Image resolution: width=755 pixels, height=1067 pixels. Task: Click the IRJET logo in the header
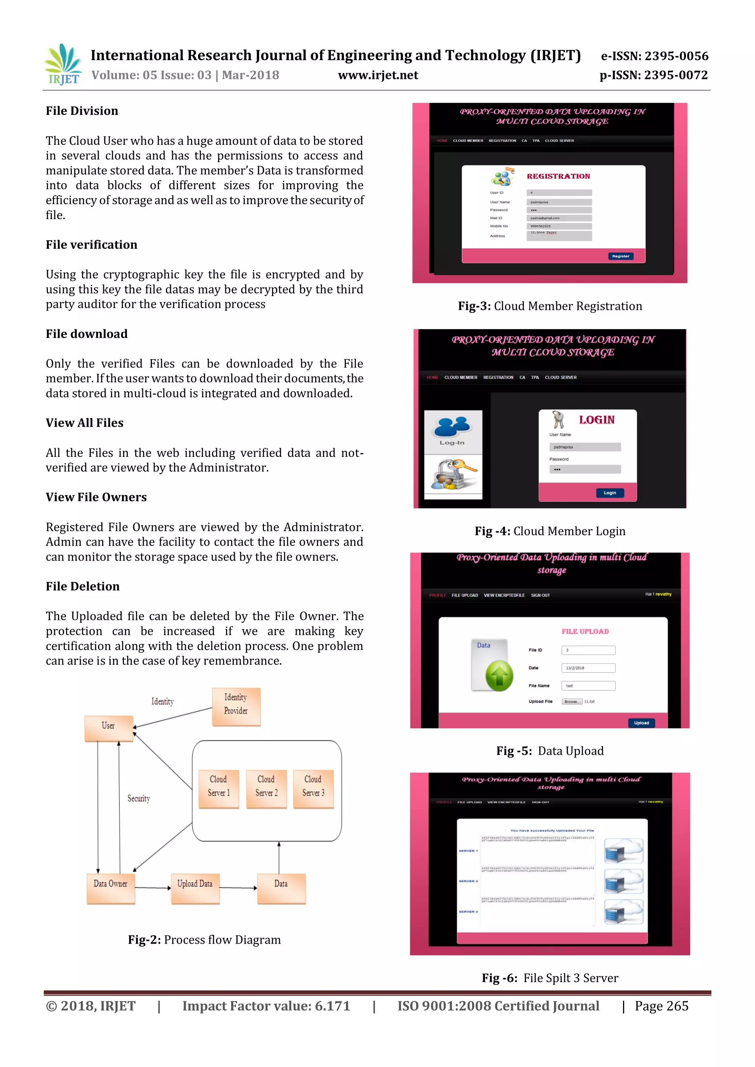[x=63, y=64]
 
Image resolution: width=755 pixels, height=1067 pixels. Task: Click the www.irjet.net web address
[x=378, y=75]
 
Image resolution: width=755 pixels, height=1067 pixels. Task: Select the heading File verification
[x=91, y=245]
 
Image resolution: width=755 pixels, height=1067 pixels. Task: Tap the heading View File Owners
[x=96, y=497]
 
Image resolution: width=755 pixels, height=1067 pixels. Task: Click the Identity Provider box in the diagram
[x=236, y=706]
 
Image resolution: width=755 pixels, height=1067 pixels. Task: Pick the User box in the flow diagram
[x=109, y=728]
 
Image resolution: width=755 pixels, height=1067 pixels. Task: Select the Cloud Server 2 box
[x=267, y=788]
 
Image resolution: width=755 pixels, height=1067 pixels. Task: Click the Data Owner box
[x=111, y=888]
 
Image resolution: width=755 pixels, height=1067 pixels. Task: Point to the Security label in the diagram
[x=139, y=798]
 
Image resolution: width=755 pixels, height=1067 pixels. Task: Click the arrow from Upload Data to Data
[x=238, y=888]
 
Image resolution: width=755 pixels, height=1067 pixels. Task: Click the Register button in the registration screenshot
[x=621, y=256]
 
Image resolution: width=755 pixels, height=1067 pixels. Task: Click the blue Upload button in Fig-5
[x=641, y=723]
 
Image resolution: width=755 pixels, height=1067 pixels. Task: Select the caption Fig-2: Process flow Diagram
[x=205, y=940]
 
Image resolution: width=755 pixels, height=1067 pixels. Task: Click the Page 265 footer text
[x=662, y=1006]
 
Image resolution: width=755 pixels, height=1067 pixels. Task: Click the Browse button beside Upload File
[x=571, y=702]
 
